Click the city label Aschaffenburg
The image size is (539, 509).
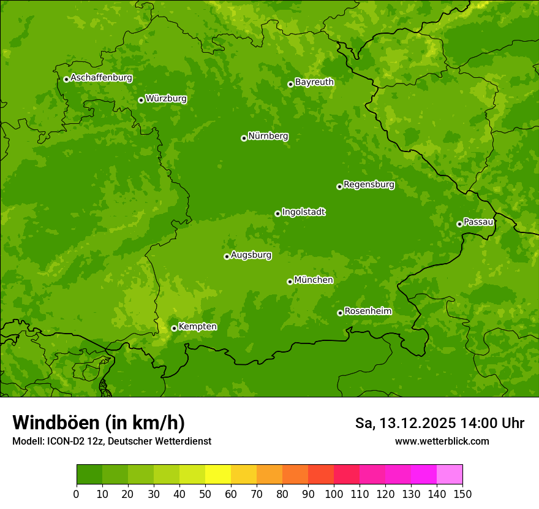click(x=101, y=78)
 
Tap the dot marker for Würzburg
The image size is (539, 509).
click(x=141, y=100)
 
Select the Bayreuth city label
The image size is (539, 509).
click(x=314, y=82)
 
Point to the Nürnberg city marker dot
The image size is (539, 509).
click(x=244, y=138)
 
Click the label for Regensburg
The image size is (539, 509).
click(x=369, y=184)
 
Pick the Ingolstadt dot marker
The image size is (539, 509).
click(x=277, y=213)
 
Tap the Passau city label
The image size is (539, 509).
click(x=478, y=221)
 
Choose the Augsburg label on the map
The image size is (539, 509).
click(x=251, y=255)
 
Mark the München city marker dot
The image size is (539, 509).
click(x=290, y=281)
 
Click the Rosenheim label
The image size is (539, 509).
click(x=367, y=311)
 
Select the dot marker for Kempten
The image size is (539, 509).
click(x=174, y=328)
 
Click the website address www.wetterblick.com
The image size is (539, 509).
click(x=442, y=441)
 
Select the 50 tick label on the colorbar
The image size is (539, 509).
click(x=205, y=494)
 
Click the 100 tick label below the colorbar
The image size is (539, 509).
click(x=334, y=494)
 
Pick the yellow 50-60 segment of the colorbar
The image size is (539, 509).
click(x=218, y=475)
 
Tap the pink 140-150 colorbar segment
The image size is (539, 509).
click(x=450, y=475)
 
